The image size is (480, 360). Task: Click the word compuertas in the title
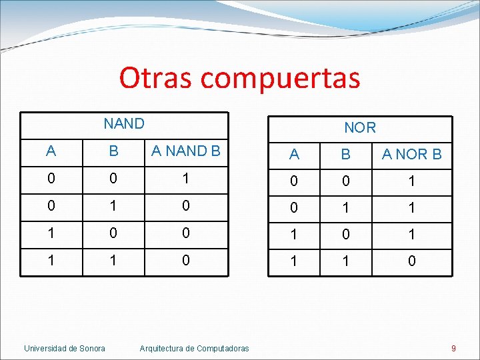pyautogui.click(x=280, y=79)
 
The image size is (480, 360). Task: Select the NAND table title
pyautogui.click(x=124, y=123)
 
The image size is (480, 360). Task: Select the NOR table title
pyautogui.click(x=360, y=127)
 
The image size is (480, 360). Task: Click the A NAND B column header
pyautogui.click(x=186, y=151)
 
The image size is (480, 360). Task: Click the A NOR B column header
pyautogui.click(x=411, y=155)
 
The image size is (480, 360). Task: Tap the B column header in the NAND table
pyautogui.click(x=114, y=151)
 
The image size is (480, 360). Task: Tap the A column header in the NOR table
pyautogui.click(x=294, y=155)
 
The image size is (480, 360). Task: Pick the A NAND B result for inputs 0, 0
pyautogui.click(x=186, y=179)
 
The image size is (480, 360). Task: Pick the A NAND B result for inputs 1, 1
pyautogui.click(x=186, y=260)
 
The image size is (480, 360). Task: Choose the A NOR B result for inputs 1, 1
pyautogui.click(x=411, y=261)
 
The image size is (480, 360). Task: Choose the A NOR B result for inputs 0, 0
pyautogui.click(x=411, y=181)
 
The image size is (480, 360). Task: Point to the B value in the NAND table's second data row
pyautogui.click(x=114, y=206)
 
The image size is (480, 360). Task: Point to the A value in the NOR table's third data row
pyautogui.click(x=294, y=235)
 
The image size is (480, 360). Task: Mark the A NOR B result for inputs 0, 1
pyautogui.click(x=411, y=208)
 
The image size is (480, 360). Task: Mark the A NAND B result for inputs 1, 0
pyautogui.click(x=186, y=233)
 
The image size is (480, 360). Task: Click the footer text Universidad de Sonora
pyautogui.click(x=65, y=348)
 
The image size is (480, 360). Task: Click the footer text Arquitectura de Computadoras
pyautogui.click(x=194, y=348)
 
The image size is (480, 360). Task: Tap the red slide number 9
pyautogui.click(x=453, y=348)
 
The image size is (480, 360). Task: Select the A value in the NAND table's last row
pyautogui.click(x=51, y=260)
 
